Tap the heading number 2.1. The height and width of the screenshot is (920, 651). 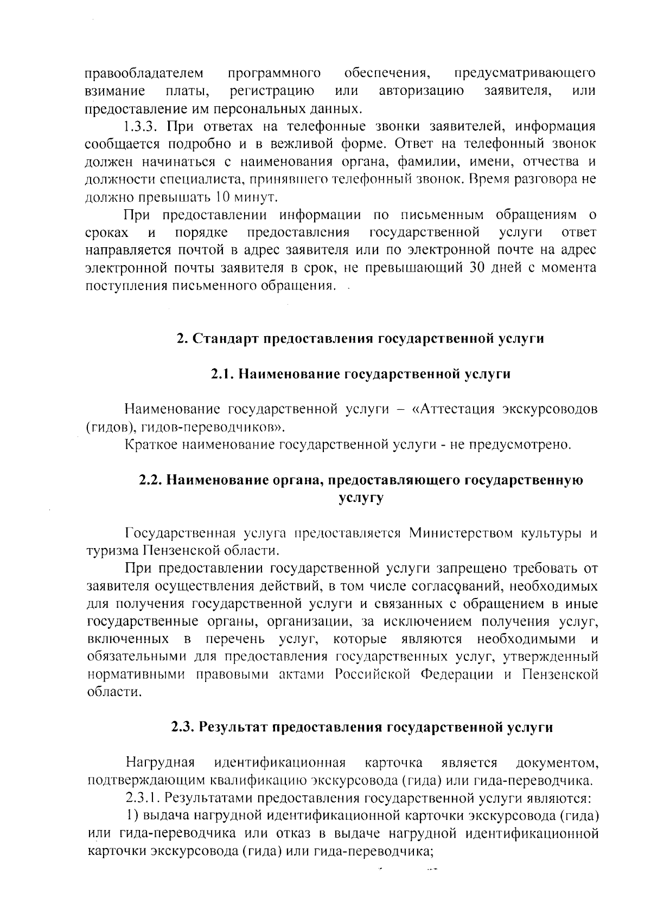[222, 374]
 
